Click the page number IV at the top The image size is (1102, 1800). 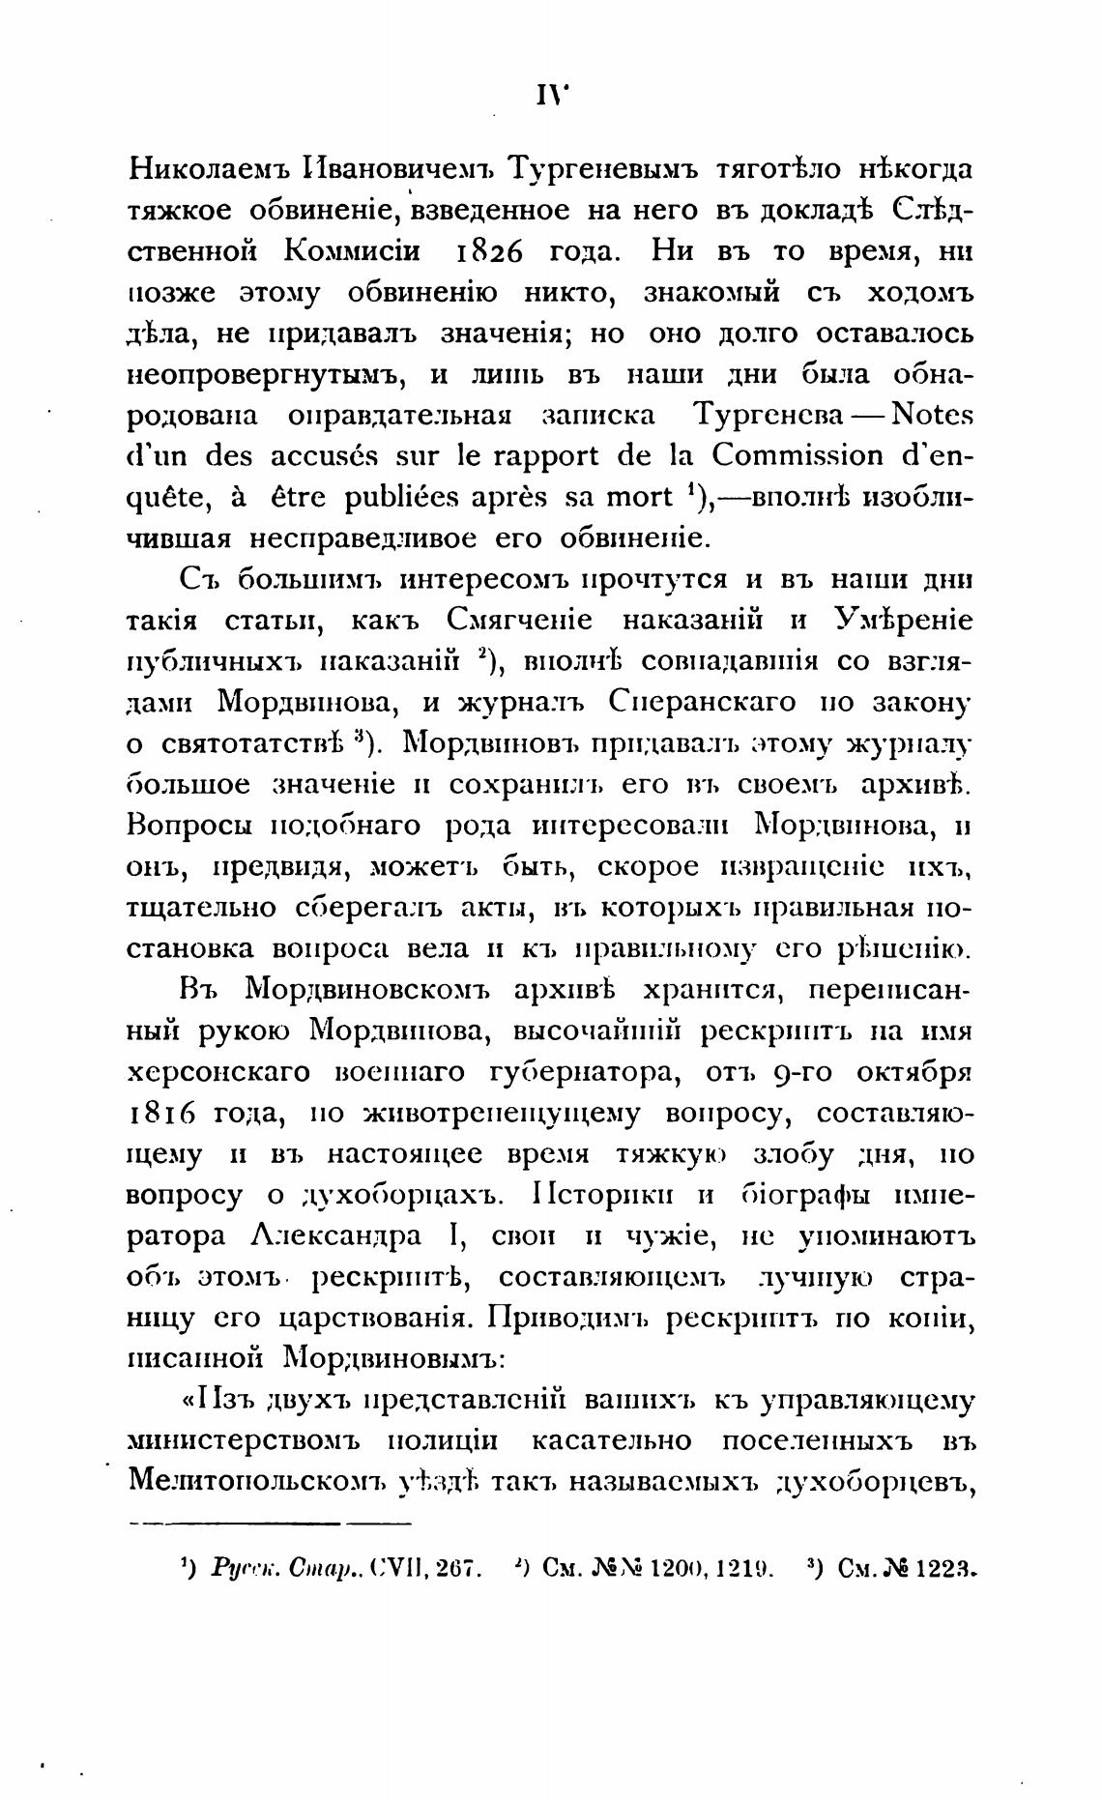click(551, 95)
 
